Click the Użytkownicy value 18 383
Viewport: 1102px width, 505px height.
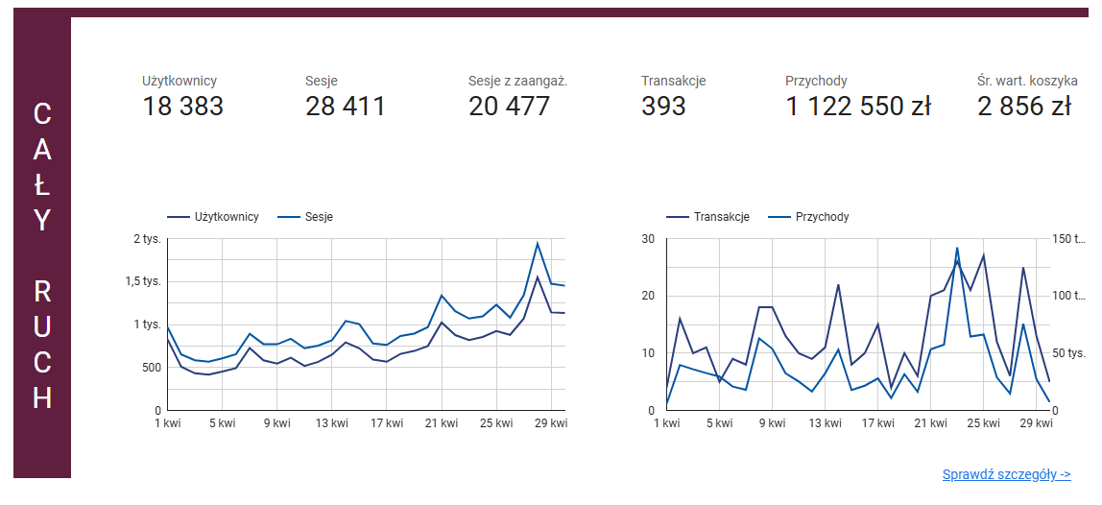(x=182, y=106)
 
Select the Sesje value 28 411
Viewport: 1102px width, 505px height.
(x=346, y=106)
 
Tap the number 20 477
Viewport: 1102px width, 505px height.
(x=509, y=106)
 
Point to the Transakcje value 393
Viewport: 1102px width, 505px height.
(x=663, y=106)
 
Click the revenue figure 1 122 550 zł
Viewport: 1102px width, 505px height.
(x=858, y=106)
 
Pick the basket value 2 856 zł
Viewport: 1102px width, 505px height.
(x=1024, y=106)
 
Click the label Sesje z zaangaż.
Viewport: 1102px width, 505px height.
(x=517, y=81)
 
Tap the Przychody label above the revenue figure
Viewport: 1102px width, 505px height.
(x=816, y=81)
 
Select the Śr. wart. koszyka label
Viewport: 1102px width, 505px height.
(x=1023, y=81)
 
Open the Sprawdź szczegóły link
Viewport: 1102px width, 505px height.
(x=1006, y=474)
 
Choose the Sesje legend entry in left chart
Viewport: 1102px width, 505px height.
(x=319, y=217)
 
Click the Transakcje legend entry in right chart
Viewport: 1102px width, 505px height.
(x=721, y=217)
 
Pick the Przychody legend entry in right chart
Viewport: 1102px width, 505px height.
(x=822, y=217)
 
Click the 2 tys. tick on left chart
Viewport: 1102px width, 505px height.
(x=148, y=238)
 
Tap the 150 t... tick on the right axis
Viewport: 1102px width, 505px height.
(x=1070, y=239)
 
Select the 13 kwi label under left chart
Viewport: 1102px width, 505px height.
(x=331, y=422)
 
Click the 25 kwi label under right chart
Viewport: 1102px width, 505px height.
(x=984, y=422)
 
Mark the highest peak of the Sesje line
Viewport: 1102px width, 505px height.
(x=538, y=243)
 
